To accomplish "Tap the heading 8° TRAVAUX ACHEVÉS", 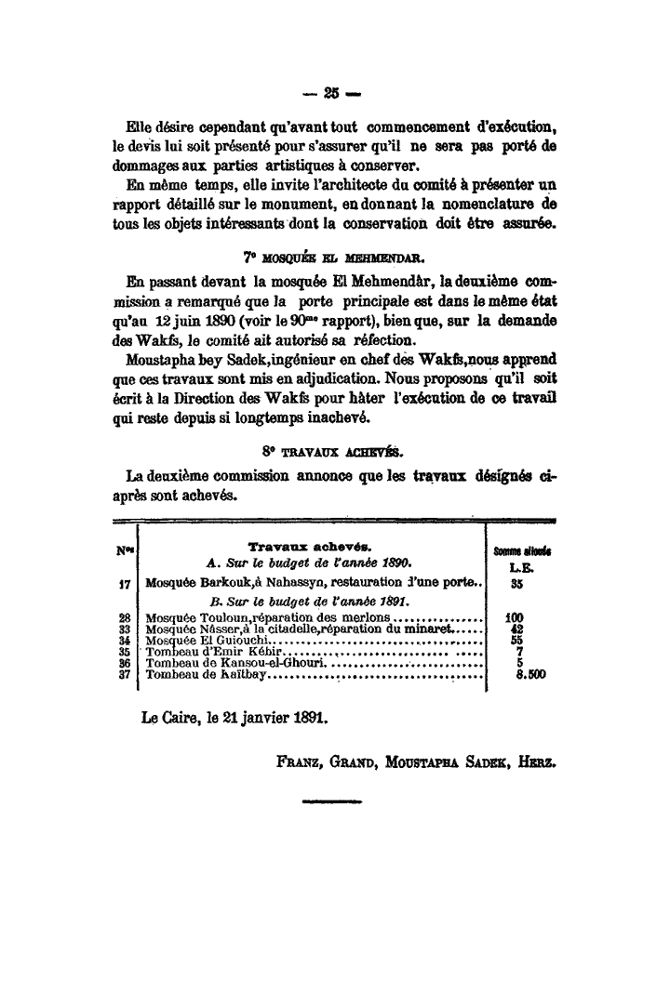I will click(x=335, y=452).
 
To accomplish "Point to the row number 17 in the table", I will click(x=123, y=586).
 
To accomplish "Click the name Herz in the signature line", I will click(x=540, y=760).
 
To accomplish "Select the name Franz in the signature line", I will click(x=300, y=760).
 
